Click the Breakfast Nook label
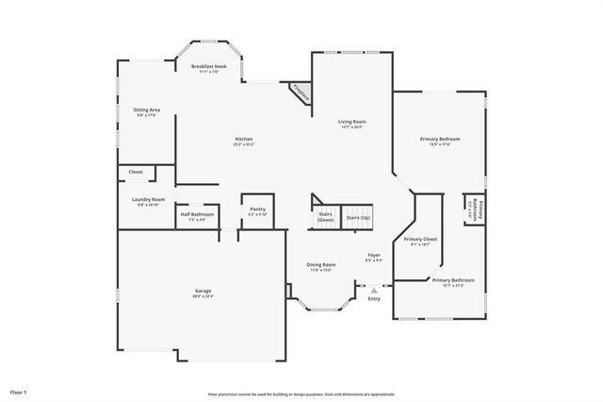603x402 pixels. (209, 66)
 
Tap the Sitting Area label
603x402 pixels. (146, 109)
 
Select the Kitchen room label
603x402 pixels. (243, 140)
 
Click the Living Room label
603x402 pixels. (352, 122)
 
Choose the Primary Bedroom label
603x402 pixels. (439, 140)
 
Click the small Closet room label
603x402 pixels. (136, 173)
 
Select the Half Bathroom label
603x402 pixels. (198, 214)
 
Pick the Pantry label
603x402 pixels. (257, 209)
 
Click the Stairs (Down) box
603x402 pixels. (325, 217)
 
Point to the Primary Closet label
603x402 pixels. (420, 240)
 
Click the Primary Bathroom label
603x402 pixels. (452, 280)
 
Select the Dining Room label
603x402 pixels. (320, 264)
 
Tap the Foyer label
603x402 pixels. (374, 256)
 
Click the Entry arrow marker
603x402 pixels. (374, 292)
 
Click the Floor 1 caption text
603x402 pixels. (19, 391)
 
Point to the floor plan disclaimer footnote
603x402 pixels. (301, 394)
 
